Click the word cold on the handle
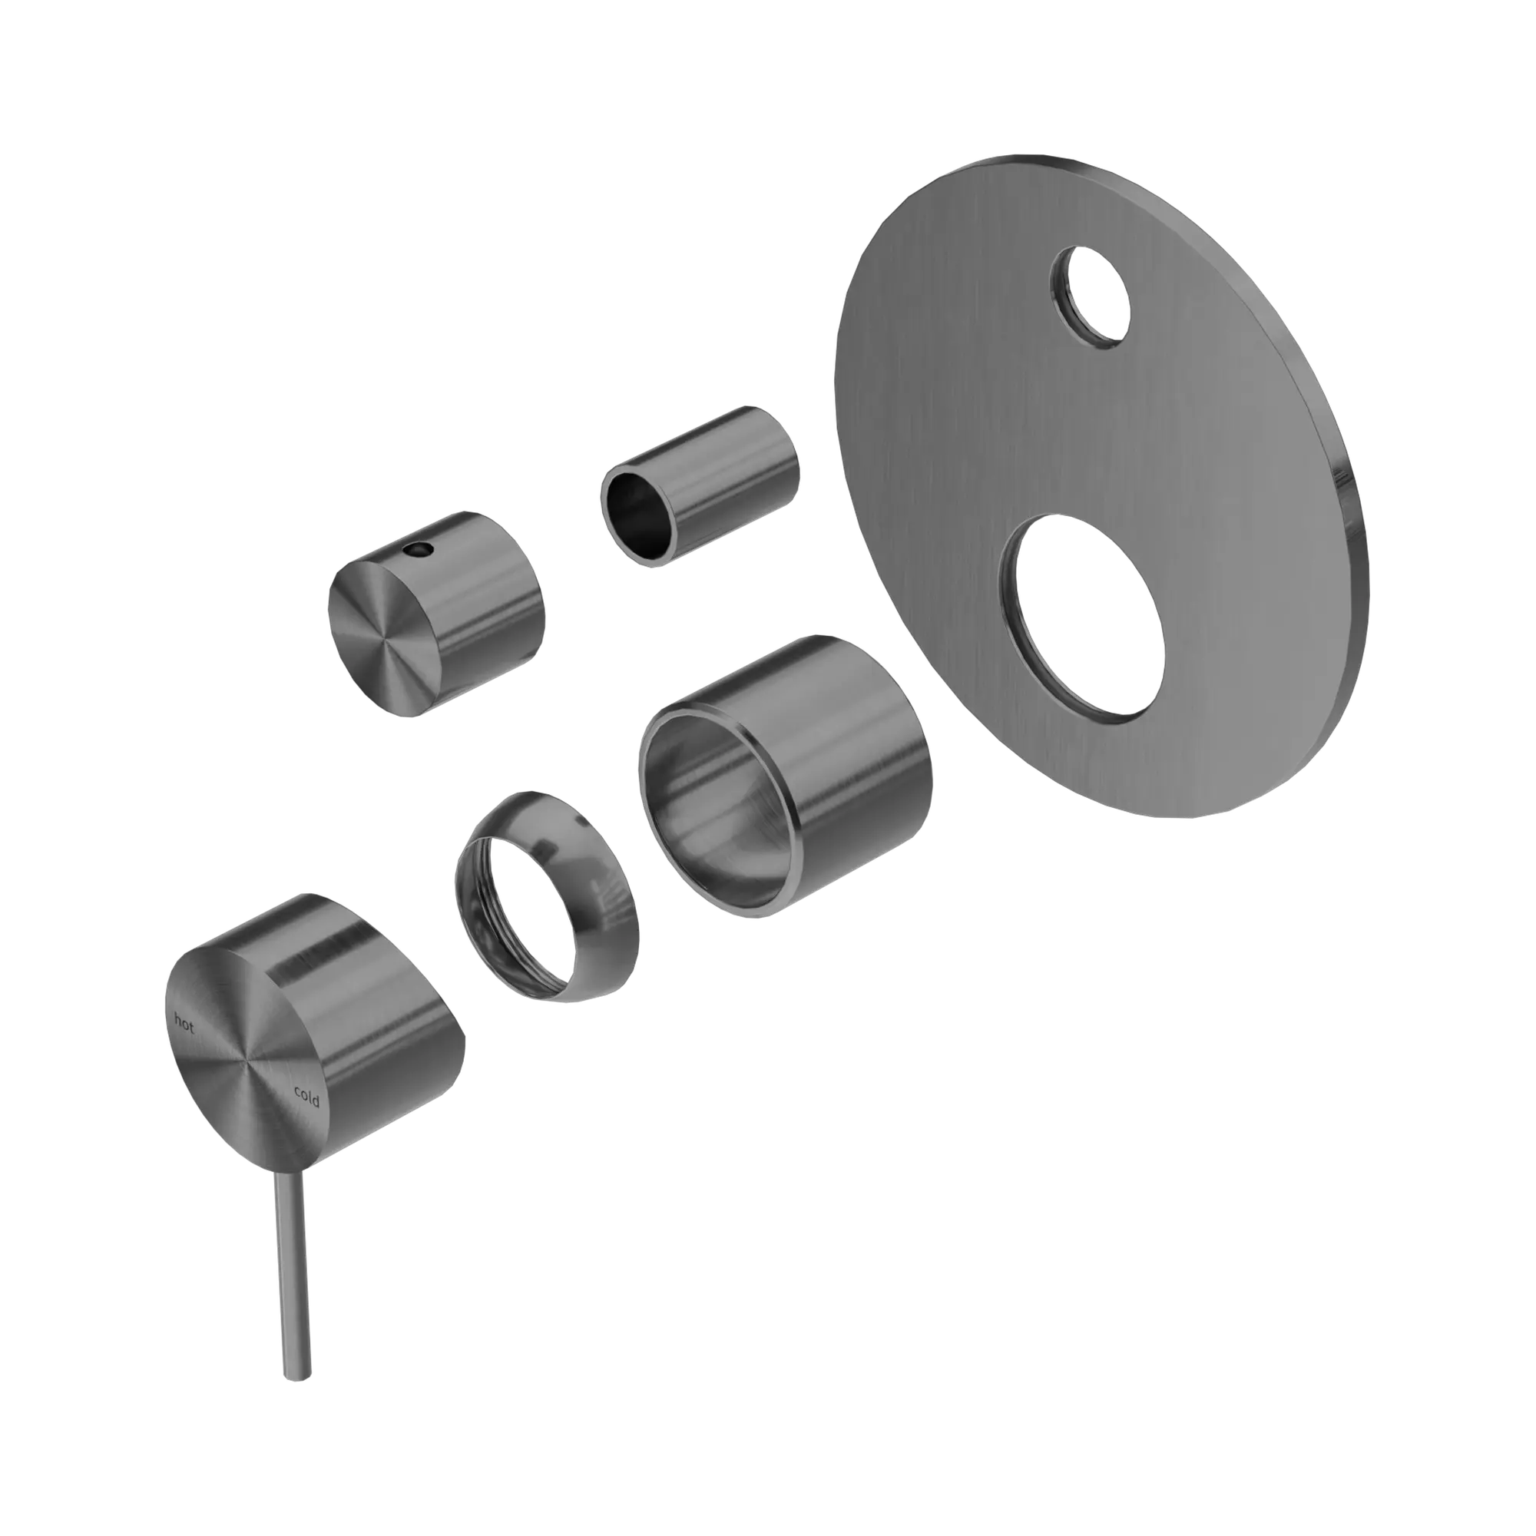click(306, 1097)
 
